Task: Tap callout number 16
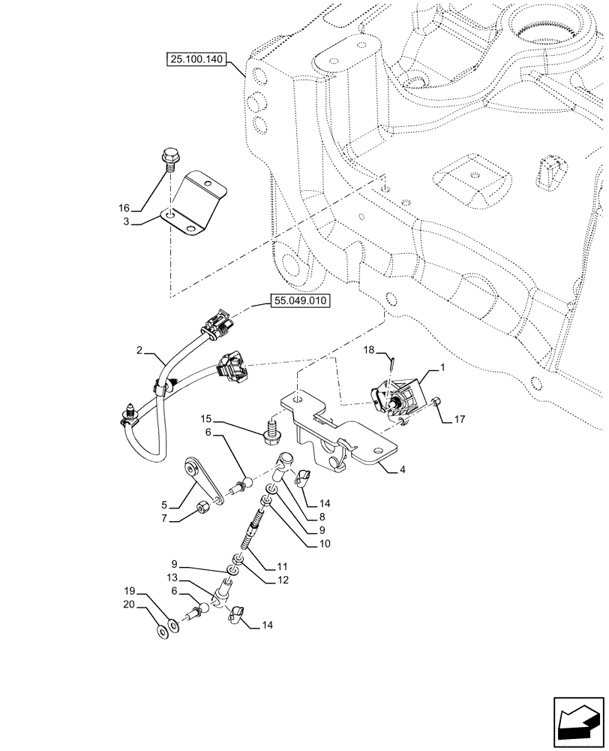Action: [x=124, y=207]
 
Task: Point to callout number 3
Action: [x=127, y=222]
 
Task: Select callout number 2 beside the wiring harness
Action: [x=139, y=351]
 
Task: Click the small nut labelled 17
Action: [x=438, y=405]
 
